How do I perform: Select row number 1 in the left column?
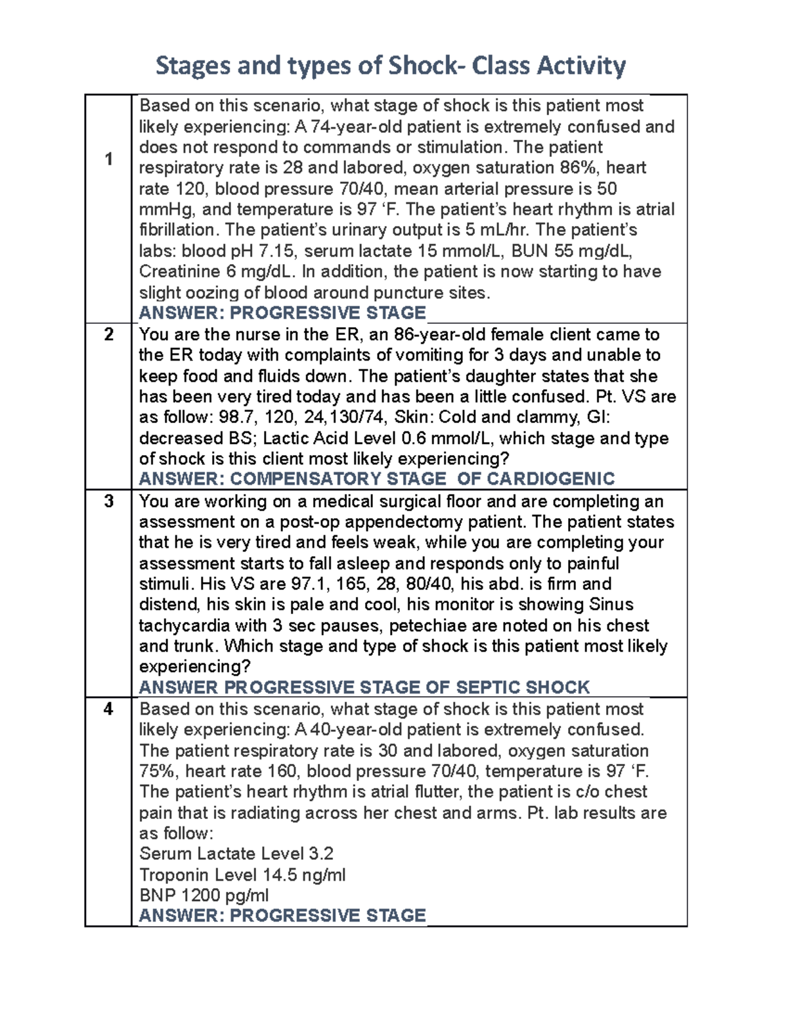(x=108, y=159)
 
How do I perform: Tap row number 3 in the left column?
(x=108, y=501)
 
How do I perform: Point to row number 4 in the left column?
(x=108, y=709)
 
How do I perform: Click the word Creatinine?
(x=179, y=272)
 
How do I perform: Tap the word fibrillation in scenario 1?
(x=177, y=230)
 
